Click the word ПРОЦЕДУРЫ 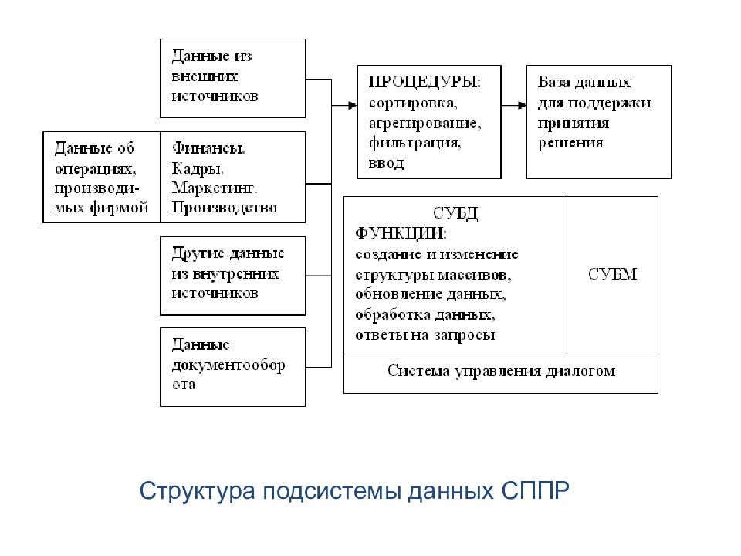(424, 83)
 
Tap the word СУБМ (612, 273)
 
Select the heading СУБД (455, 214)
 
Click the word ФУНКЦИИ (400, 233)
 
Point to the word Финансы (208, 148)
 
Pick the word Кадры (198, 168)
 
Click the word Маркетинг (215, 188)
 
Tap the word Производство (224, 208)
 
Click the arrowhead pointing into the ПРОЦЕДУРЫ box (353, 105)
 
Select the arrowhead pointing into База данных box (523, 105)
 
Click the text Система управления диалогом (502, 371)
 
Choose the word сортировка (412, 103)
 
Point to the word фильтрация (414, 142)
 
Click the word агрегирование (425, 124)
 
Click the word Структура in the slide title (197, 492)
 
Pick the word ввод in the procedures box (386, 163)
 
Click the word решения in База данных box (570, 144)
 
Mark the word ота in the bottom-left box (184, 385)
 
